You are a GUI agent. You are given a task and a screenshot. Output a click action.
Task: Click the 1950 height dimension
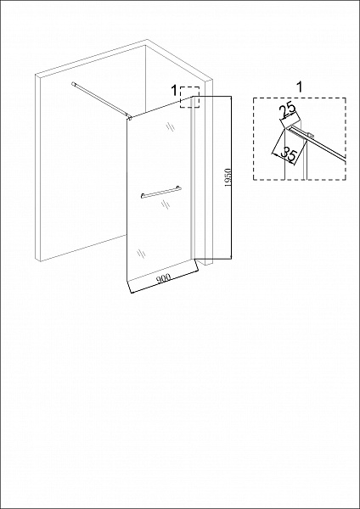click(228, 178)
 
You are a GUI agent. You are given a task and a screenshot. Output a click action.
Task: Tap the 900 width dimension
click(164, 277)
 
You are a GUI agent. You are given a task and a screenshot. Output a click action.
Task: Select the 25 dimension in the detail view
click(289, 110)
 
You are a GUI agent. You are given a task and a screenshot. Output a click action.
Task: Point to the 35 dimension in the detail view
click(288, 154)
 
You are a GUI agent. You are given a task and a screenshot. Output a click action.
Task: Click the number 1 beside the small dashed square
click(174, 91)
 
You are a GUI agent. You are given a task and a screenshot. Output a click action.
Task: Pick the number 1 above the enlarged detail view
click(300, 87)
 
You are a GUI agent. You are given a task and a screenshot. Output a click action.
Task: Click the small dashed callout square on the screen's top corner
click(189, 97)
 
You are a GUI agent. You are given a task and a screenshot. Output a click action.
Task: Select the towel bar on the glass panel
click(161, 192)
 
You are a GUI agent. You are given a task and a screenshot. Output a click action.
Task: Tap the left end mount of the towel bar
click(143, 195)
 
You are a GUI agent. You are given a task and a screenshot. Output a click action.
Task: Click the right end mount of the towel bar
click(178, 188)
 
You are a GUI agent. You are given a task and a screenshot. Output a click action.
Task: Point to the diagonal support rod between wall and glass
click(101, 100)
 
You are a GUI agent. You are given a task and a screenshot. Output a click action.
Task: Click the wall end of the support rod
click(73, 84)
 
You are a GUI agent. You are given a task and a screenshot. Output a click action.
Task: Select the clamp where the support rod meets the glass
click(130, 117)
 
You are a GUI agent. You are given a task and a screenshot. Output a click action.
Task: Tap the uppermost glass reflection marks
click(171, 126)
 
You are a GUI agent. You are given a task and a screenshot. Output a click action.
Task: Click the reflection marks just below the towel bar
click(166, 204)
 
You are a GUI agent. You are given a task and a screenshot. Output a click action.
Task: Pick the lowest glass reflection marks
click(141, 253)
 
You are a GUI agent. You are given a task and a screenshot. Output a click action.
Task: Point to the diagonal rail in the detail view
click(318, 143)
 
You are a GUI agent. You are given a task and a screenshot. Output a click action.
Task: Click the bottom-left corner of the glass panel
click(127, 281)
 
